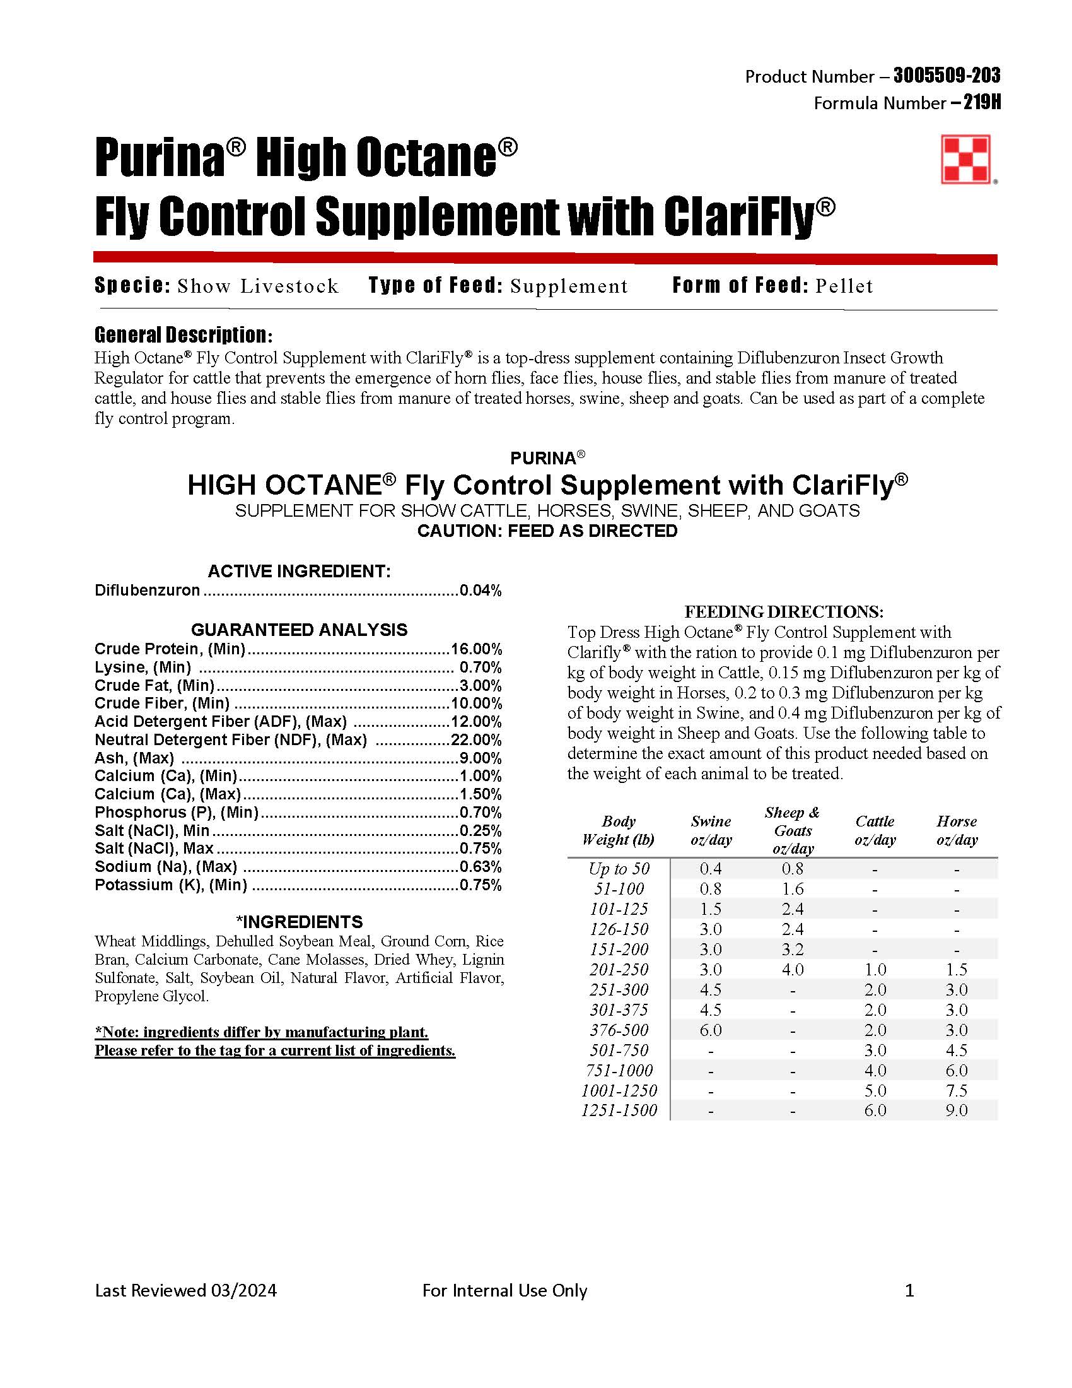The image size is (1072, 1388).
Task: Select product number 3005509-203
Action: click(x=947, y=76)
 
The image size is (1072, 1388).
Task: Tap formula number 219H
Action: click(x=982, y=103)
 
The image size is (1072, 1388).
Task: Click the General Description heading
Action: click(x=184, y=335)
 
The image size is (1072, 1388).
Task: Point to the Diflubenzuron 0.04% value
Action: click(x=481, y=591)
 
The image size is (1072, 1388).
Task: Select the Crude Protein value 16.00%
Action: click(x=476, y=649)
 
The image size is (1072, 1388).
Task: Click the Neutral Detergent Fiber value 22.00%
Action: click(x=476, y=740)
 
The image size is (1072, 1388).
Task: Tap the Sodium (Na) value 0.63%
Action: click(x=481, y=867)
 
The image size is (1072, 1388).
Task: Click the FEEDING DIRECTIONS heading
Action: click(x=784, y=611)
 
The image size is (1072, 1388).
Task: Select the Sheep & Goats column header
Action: click(x=793, y=830)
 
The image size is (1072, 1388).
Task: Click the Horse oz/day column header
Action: click(x=957, y=830)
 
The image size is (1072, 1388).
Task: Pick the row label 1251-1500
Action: click(x=619, y=1110)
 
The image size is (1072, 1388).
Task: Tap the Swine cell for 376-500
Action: click(x=711, y=1030)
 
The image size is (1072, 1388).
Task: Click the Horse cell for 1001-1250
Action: click(x=957, y=1091)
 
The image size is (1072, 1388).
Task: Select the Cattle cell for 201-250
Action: click(x=875, y=969)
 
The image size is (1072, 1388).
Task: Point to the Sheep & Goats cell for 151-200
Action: click(x=793, y=949)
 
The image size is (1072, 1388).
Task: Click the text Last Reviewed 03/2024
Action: click(x=186, y=1290)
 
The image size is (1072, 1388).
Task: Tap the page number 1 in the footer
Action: click(x=909, y=1290)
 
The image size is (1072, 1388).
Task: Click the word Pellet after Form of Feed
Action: click(x=844, y=286)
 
